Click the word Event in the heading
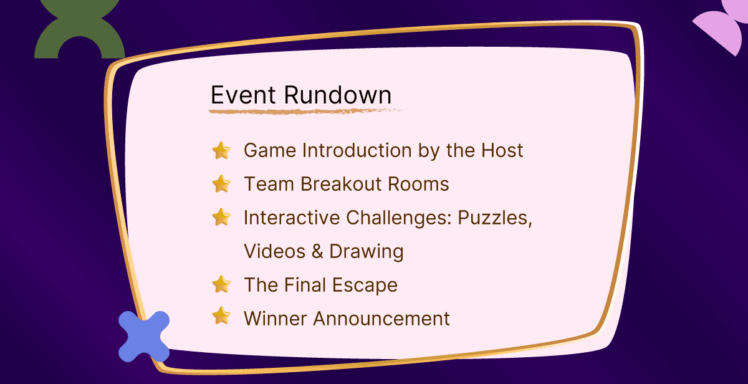pyautogui.click(x=243, y=95)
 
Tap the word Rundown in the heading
pyautogui.click(x=337, y=95)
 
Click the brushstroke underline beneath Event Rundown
pyautogui.click(x=307, y=111)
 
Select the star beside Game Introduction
pyautogui.click(x=221, y=150)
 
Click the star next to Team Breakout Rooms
pyautogui.click(x=221, y=184)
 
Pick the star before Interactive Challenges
pyautogui.click(x=221, y=217)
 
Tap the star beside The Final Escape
pyautogui.click(x=221, y=284)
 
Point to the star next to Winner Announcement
pyautogui.click(x=221, y=315)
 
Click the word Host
pyautogui.click(x=502, y=150)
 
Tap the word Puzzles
pyautogui.click(x=494, y=218)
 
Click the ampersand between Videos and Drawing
pyautogui.click(x=317, y=251)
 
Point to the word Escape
pyautogui.click(x=365, y=286)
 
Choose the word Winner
pyautogui.click(x=276, y=319)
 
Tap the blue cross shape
pyautogui.click(x=144, y=337)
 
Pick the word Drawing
pyautogui.click(x=367, y=252)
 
